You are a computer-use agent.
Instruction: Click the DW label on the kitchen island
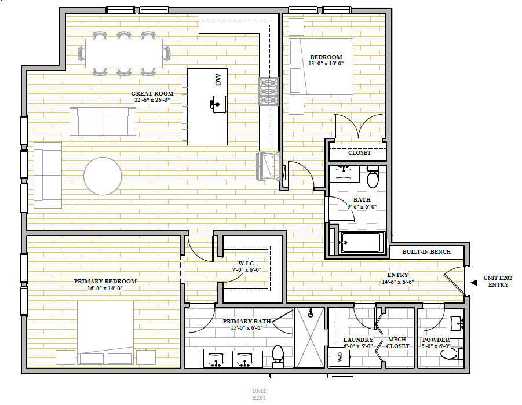[x=218, y=79]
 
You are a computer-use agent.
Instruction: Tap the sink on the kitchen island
[x=218, y=104]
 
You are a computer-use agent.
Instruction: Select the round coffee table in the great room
[x=103, y=176]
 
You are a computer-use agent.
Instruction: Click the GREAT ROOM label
[x=152, y=94]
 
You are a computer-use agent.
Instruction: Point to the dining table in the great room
[x=124, y=53]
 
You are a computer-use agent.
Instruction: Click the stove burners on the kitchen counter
[x=268, y=91]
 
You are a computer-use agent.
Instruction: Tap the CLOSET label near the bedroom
[x=360, y=152]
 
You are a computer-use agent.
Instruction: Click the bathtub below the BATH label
[x=362, y=242]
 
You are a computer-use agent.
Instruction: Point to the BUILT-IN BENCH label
[x=426, y=252]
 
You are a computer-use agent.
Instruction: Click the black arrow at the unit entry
[x=473, y=283]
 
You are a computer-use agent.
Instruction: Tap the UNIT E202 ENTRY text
[x=498, y=281]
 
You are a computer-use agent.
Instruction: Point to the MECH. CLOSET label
[x=397, y=343]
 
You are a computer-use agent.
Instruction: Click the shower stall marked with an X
[x=310, y=337]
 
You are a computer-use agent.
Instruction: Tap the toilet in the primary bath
[x=278, y=356]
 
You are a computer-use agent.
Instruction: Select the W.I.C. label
[x=247, y=264]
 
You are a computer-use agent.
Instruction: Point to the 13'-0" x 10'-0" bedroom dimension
[x=326, y=64]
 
